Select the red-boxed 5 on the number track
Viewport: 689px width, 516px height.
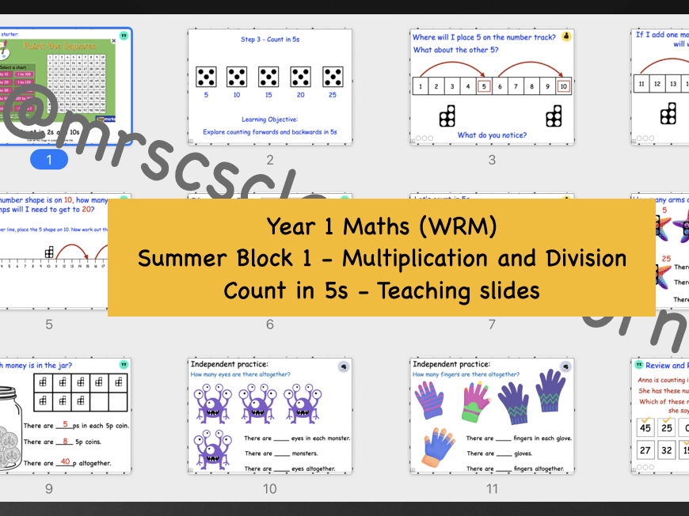485,86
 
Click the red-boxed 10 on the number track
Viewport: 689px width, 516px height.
563,86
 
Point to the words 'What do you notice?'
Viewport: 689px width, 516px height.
492,135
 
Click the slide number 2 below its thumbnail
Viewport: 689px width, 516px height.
270,160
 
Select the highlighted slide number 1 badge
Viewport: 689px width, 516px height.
48,160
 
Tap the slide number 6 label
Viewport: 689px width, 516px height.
270,324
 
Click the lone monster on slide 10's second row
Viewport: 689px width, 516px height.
212,448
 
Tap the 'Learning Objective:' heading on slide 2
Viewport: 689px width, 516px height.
269,120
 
